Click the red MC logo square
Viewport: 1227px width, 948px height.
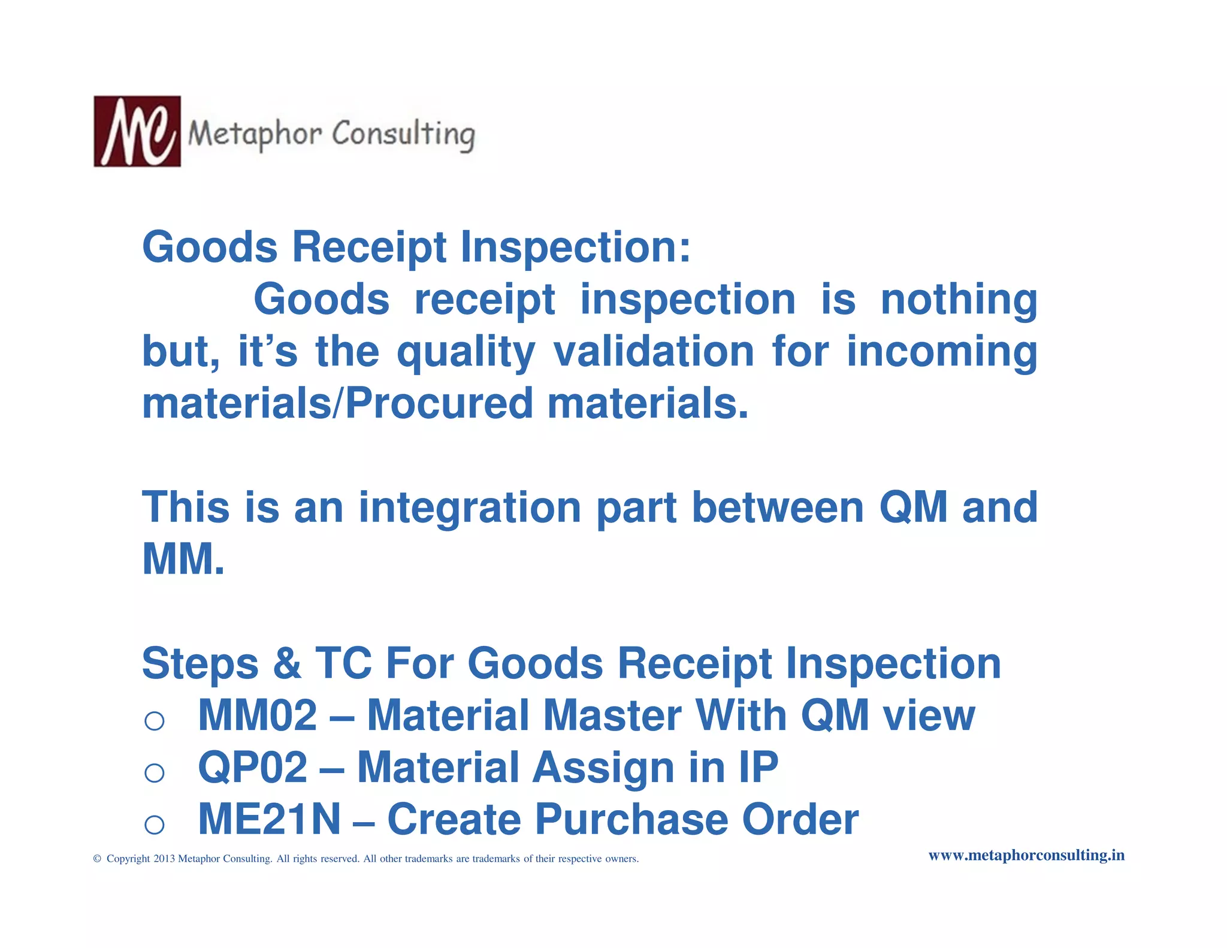point(137,131)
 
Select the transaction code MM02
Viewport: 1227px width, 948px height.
point(257,715)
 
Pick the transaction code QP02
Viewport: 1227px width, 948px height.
point(252,768)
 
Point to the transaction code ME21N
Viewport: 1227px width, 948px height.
point(269,820)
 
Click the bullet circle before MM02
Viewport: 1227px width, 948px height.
point(155,720)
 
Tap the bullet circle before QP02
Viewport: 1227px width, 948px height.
point(155,772)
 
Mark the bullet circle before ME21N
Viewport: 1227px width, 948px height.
point(155,825)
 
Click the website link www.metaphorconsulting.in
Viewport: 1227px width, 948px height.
point(1026,855)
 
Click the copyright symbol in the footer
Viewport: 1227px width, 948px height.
point(97,859)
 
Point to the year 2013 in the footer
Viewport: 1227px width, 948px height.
point(164,859)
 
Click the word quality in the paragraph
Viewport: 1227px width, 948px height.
point(466,352)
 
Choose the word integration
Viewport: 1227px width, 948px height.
point(470,508)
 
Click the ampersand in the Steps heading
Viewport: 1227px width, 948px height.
point(287,664)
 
